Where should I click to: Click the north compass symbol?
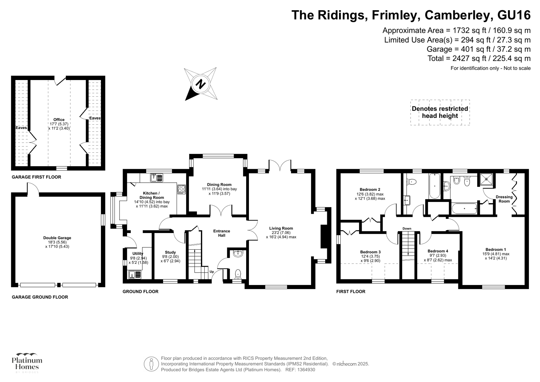201,83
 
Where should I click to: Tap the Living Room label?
281,228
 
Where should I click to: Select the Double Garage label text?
57,238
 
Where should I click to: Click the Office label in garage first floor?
59,120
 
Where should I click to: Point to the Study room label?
170,252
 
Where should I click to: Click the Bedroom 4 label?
438,251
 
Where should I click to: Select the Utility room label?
138,254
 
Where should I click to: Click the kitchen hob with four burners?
182,189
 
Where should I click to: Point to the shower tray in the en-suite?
487,180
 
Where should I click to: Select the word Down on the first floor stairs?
407,229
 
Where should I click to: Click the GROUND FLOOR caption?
140,291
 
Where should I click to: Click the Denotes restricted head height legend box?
440,112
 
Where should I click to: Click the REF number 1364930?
305,370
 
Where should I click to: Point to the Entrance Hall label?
222,233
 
